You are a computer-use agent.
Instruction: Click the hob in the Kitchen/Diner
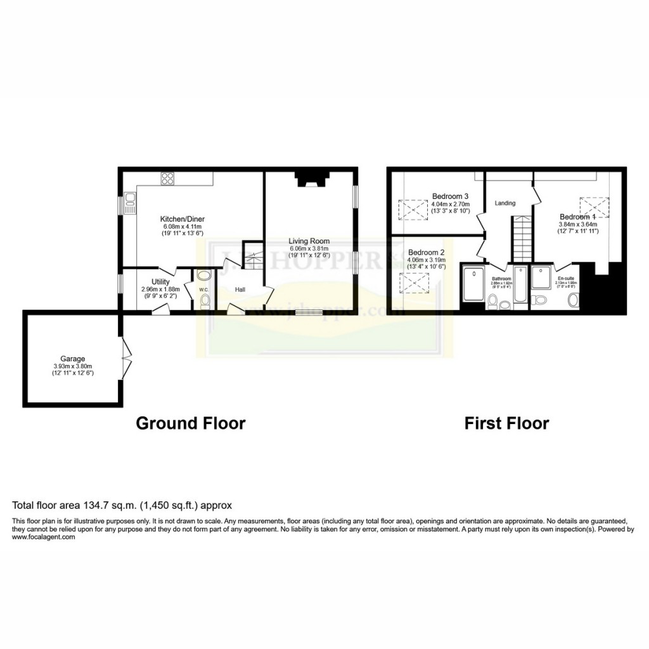coord(168,179)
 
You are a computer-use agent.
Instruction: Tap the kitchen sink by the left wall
coord(130,204)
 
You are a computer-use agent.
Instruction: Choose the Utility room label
coord(160,282)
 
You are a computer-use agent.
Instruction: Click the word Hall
coord(240,290)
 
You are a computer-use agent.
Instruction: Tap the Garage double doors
coord(125,359)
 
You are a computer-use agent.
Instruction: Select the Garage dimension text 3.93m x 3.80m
coord(73,366)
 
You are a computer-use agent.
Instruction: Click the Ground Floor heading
coord(190,423)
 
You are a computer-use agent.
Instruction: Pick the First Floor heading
coord(506,423)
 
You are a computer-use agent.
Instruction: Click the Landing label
coord(505,203)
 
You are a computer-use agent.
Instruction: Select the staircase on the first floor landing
coord(522,238)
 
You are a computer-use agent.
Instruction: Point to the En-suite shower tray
coord(541,278)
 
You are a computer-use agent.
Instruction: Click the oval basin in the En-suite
coord(574,299)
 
